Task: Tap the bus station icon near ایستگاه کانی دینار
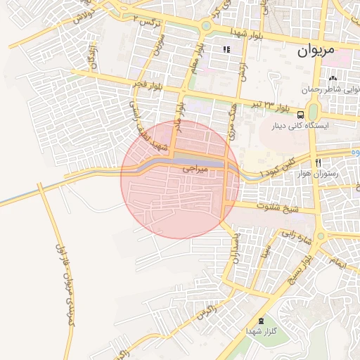pyautogui.click(x=301, y=115)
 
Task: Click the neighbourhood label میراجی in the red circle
pyautogui.click(x=196, y=169)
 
